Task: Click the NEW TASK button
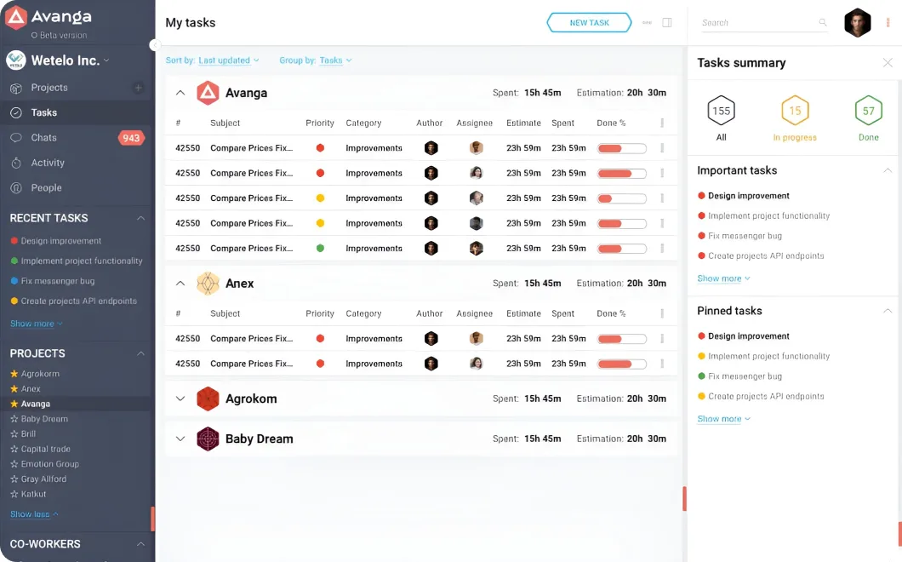click(x=589, y=22)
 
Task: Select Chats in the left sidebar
click(x=43, y=138)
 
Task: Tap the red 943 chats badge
click(x=131, y=138)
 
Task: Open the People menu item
click(x=46, y=187)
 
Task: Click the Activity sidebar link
click(x=48, y=163)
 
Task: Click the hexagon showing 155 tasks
click(x=722, y=111)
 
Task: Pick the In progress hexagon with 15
click(x=795, y=111)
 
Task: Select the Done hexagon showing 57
click(x=869, y=111)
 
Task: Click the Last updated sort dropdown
click(x=228, y=60)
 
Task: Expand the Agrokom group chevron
click(x=180, y=399)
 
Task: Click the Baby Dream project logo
click(x=208, y=439)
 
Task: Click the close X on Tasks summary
click(x=888, y=63)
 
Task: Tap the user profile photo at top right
click(x=857, y=23)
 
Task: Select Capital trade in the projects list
click(x=45, y=449)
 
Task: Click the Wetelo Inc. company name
click(x=65, y=60)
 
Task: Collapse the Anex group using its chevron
click(x=180, y=284)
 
